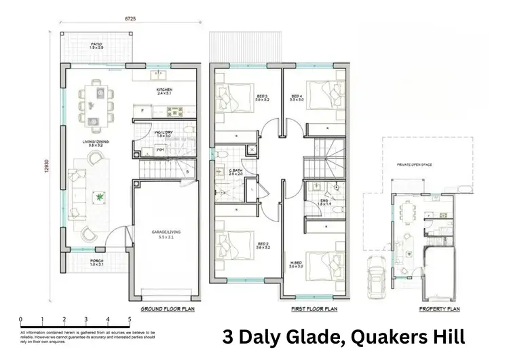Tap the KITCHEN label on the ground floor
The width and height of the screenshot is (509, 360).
tap(164, 90)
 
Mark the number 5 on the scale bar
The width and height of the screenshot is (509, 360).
tap(129, 319)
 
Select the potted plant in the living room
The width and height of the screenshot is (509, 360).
tap(100, 198)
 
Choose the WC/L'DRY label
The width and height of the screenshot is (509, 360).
tap(164, 133)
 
